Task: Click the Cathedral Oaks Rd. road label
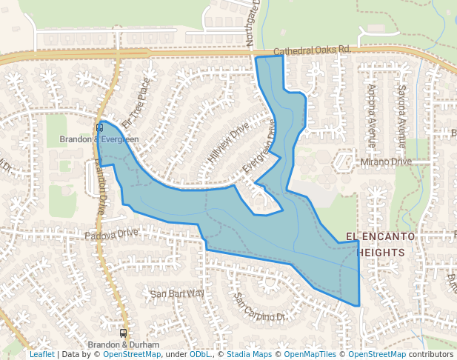[311, 50]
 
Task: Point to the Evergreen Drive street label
[263, 147]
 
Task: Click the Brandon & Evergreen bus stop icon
[99, 127]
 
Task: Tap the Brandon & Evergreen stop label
[99, 139]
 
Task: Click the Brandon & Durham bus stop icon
[123, 333]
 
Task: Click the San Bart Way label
[177, 293]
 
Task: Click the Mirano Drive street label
[385, 161]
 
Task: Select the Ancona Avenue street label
[371, 116]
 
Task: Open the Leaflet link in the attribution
[41, 354]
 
